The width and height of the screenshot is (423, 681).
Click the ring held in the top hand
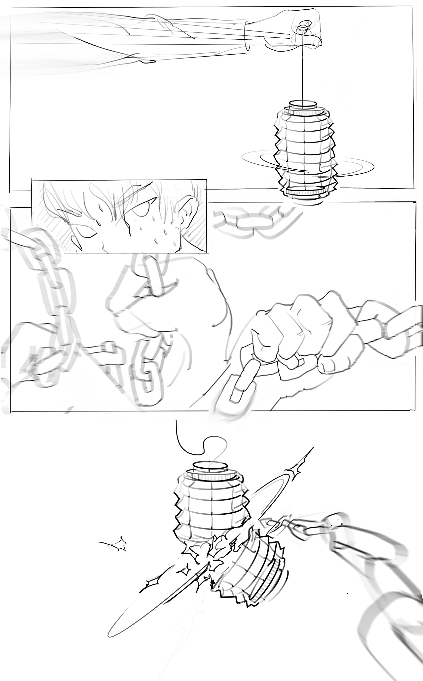[x=302, y=28]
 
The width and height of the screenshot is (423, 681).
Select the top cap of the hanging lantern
[x=303, y=105]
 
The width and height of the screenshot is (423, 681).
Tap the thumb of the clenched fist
[x=330, y=364]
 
